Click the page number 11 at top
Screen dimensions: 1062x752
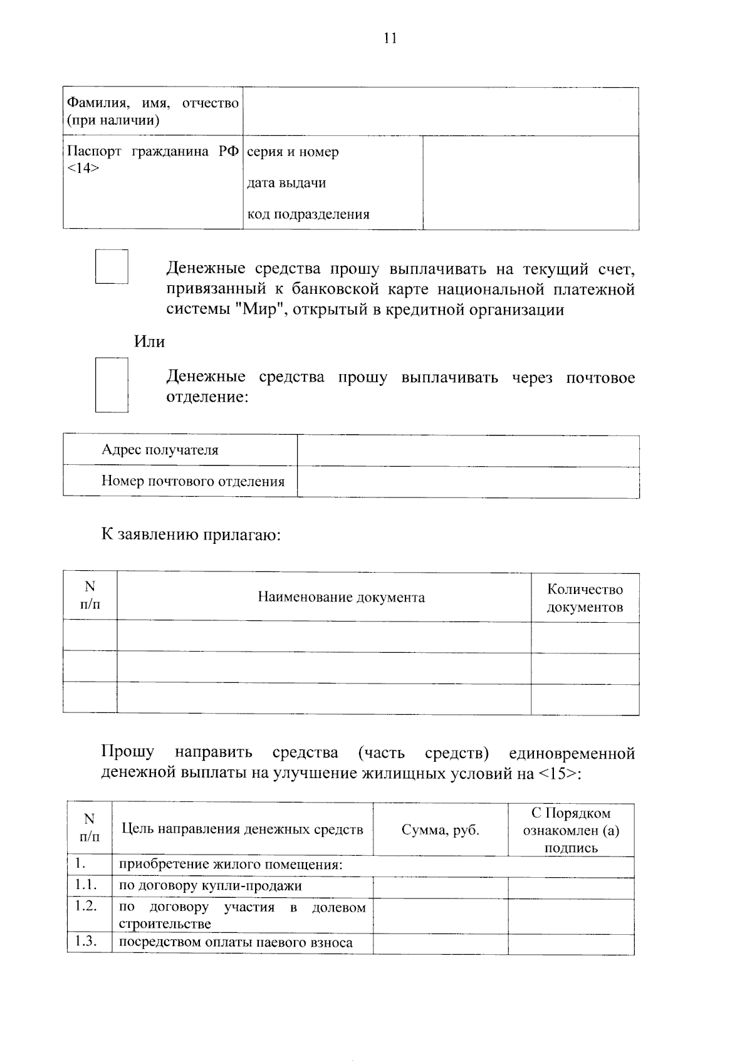pyautogui.click(x=390, y=39)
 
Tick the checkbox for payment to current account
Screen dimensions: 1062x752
pyautogui.click(x=112, y=267)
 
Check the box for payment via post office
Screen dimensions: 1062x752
pyautogui.click(x=112, y=385)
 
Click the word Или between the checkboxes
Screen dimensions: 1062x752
pyautogui.click(x=149, y=342)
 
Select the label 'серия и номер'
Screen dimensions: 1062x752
pyautogui.click(x=293, y=152)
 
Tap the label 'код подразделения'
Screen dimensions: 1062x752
pyautogui.click(x=308, y=214)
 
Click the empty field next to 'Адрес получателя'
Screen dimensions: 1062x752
pyautogui.click(x=467, y=451)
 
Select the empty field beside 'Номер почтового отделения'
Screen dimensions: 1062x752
pyautogui.click(x=467, y=482)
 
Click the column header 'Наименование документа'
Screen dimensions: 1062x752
pyautogui.click(x=341, y=597)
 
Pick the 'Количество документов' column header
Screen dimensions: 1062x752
pyautogui.click(x=585, y=598)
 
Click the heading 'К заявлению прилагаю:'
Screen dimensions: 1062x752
pyautogui.click(x=191, y=535)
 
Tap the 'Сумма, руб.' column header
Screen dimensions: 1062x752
pyautogui.click(x=440, y=830)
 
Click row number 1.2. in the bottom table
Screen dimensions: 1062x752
pyautogui.click(x=86, y=906)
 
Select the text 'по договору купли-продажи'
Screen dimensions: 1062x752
pyautogui.click(x=211, y=886)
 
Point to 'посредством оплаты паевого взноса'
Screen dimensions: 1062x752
pyautogui.click(x=236, y=942)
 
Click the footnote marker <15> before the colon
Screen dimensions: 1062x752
pyautogui.click(x=556, y=773)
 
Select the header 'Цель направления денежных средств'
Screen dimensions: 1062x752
pyautogui.click(x=242, y=830)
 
